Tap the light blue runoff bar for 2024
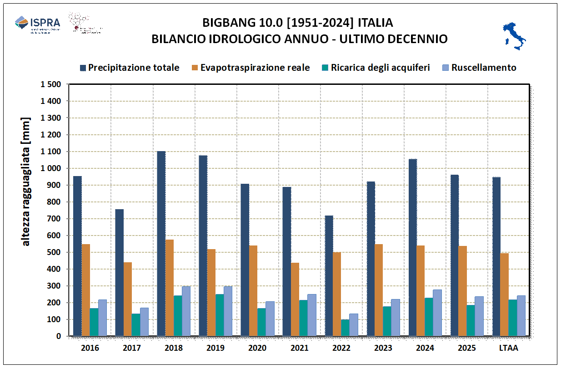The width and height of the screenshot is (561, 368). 437,313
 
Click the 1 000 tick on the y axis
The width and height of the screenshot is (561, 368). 51,168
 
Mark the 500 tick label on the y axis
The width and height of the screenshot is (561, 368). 55,252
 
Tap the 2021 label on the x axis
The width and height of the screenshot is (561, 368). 299,348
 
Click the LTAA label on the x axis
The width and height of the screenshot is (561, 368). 509,348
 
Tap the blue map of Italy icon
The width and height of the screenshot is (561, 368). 514,35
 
